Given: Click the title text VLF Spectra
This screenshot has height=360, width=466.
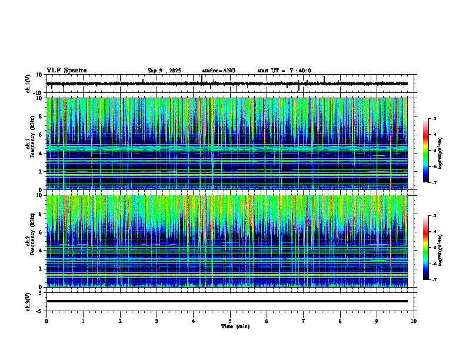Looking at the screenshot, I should [66, 71].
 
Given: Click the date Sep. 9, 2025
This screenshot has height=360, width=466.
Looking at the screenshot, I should [164, 71].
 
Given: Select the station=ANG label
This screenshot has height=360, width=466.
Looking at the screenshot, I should [218, 71].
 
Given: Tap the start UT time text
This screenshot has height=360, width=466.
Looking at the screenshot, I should [284, 71].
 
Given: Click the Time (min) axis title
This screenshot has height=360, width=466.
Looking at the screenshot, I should [235, 326].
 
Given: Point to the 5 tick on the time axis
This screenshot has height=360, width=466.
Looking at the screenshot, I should [230, 321].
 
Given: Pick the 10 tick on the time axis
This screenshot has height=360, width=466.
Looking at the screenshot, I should [414, 321].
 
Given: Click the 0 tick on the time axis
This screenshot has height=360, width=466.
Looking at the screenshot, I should [46, 321].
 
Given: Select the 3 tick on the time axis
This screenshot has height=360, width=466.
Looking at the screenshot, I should [157, 321].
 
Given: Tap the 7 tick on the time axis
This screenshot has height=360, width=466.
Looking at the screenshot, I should [304, 321].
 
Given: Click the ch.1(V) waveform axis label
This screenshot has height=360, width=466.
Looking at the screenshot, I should [28, 84].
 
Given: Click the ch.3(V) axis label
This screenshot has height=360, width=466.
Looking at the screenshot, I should [28, 301].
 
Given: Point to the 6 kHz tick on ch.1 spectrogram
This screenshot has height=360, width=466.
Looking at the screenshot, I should [41, 135].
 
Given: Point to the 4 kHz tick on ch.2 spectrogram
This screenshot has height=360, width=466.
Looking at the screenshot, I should [41, 250].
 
